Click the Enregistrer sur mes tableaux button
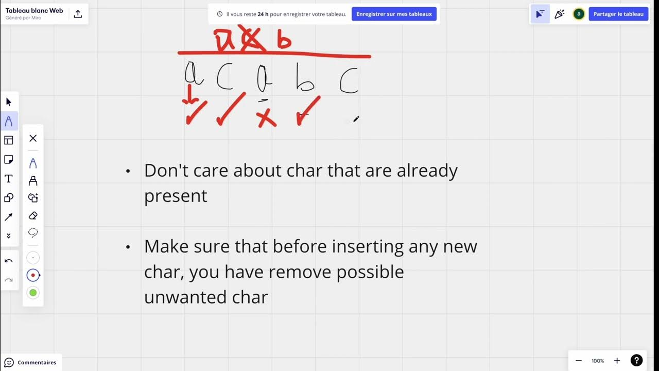(394, 14)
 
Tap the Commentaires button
(30, 362)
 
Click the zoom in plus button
(617, 361)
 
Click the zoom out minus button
(579, 361)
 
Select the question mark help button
(636, 361)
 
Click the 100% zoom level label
(598, 361)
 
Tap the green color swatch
(33, 293)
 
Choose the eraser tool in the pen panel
(33, 215)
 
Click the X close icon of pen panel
(33, 138)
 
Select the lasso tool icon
(33, 233)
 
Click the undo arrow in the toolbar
(9, 261)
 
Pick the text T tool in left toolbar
(9, 179)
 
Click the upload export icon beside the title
(78, 14)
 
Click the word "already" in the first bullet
(427, 171)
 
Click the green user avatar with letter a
(579, 14)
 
